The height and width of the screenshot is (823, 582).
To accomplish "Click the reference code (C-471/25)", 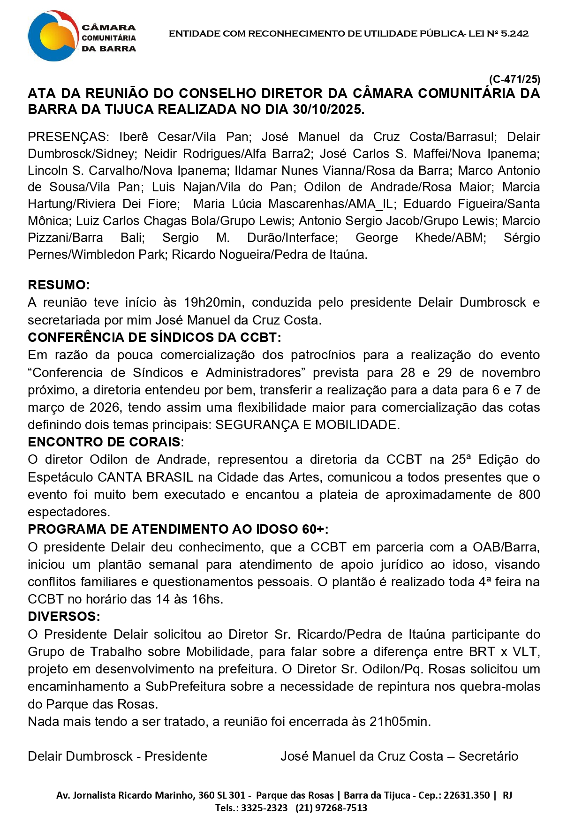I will (514, 79).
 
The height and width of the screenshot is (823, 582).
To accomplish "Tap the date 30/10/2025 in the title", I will (328, 110).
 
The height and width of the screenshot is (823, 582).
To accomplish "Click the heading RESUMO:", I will (59, 285).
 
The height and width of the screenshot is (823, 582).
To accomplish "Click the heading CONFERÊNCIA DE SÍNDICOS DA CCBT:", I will (154, 338).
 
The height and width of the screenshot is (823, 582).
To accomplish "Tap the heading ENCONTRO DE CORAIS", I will (104, 442).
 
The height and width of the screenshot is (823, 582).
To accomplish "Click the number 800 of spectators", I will (529, 495).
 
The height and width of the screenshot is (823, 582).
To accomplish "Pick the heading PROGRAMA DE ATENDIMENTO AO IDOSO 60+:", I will (178, 529).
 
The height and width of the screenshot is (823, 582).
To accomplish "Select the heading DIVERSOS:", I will (64, 617).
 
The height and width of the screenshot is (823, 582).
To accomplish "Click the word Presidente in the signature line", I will (176, 756).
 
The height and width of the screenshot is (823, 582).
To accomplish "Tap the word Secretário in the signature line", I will (488, 756).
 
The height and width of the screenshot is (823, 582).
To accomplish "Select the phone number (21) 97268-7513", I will (331, 808).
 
